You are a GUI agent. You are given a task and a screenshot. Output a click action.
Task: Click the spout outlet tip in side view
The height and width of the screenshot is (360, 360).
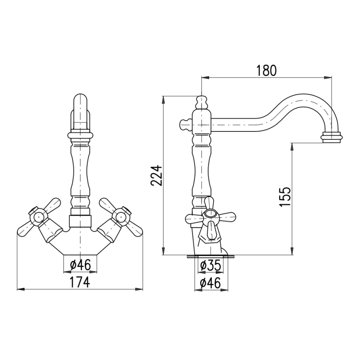click(x=333, y=137)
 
